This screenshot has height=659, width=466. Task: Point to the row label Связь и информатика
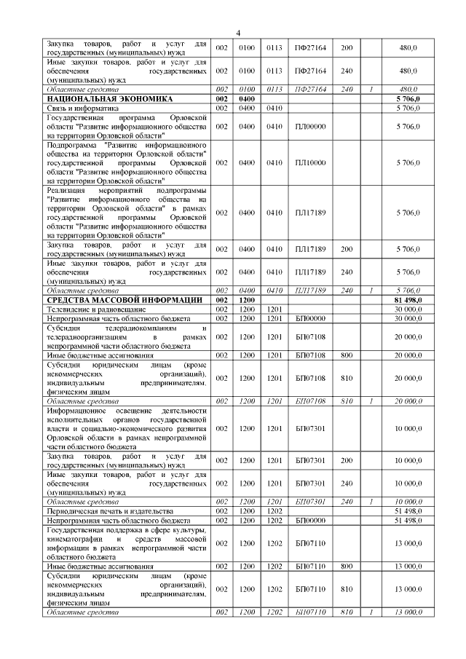click(x=82, y=107)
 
